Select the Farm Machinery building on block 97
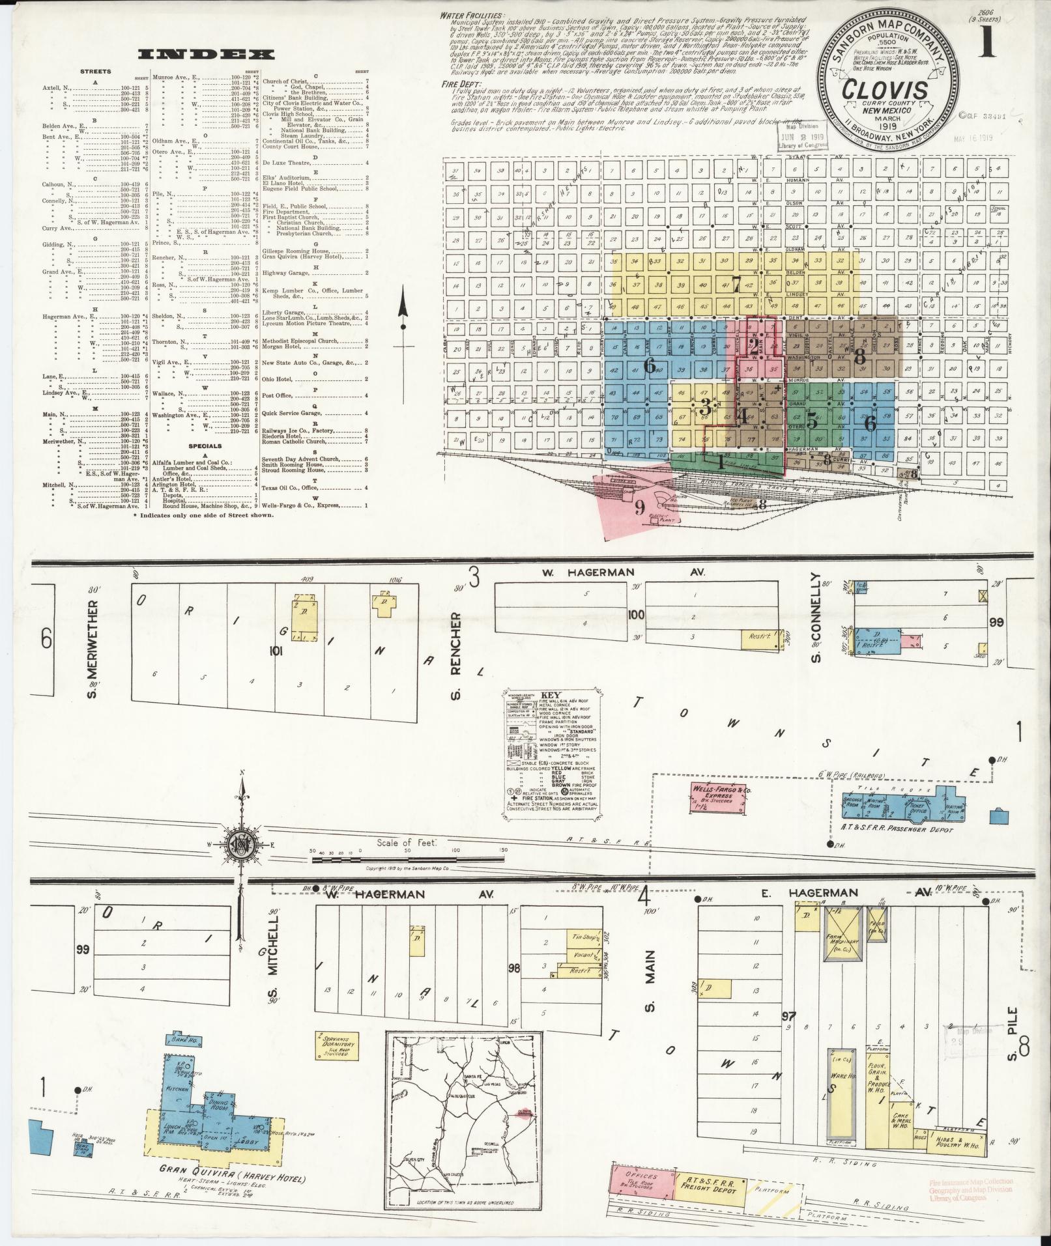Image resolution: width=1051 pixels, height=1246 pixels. [x=843, y=941]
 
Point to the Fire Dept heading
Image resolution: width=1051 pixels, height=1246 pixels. [x=460, y=83]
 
